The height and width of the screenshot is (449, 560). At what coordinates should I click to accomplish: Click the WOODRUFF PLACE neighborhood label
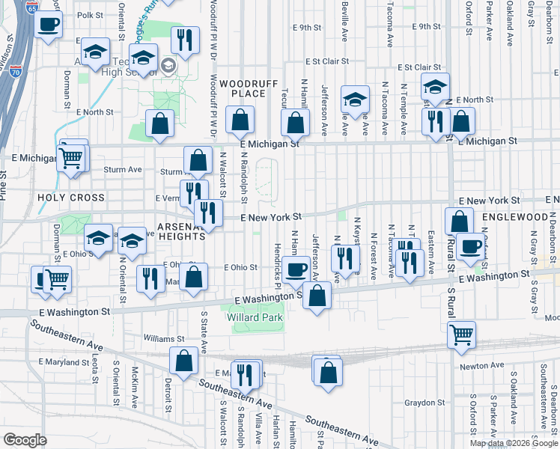pos(243,88)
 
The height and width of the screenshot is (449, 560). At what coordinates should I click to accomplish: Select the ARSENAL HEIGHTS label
pos(171,230)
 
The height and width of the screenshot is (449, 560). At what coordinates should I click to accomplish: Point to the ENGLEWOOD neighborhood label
pos(515,216)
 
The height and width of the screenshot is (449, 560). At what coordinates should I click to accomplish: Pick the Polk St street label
pos(89,15)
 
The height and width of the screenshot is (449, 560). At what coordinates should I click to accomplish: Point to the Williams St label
pos(159,339)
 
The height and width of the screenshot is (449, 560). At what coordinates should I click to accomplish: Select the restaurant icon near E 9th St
pos(183,40)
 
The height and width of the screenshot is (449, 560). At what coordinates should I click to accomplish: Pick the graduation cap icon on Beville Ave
pos(355,100)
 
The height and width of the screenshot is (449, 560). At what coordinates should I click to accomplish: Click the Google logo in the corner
pos(25,440)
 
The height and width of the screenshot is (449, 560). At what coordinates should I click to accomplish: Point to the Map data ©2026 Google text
pos(513,443)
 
